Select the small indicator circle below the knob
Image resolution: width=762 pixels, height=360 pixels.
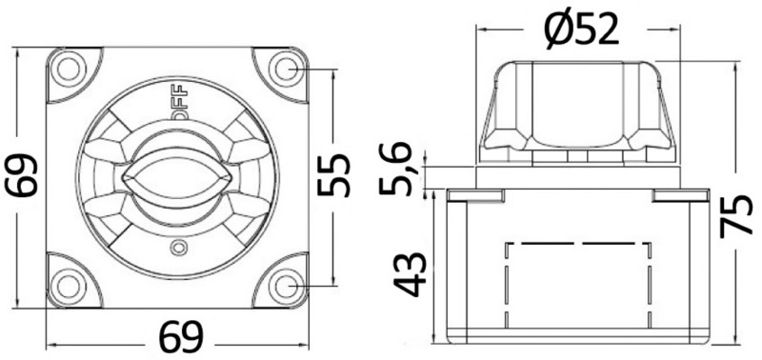(176, 249)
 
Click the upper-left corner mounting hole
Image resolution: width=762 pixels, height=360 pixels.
(68, 69)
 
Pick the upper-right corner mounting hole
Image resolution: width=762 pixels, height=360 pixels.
(284, 69)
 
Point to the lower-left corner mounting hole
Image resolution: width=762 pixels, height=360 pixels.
(68, 285)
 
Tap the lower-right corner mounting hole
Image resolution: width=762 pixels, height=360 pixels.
(284, 285)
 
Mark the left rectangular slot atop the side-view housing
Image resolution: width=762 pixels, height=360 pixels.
(476, 195)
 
